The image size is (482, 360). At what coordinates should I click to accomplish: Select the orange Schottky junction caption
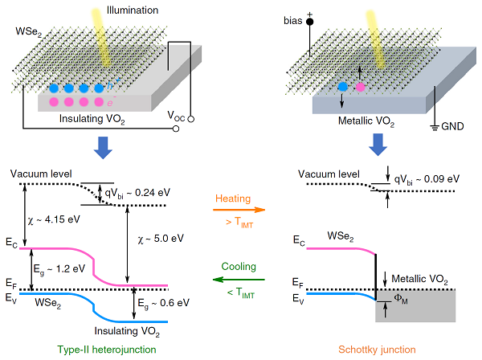click(377, 349)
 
